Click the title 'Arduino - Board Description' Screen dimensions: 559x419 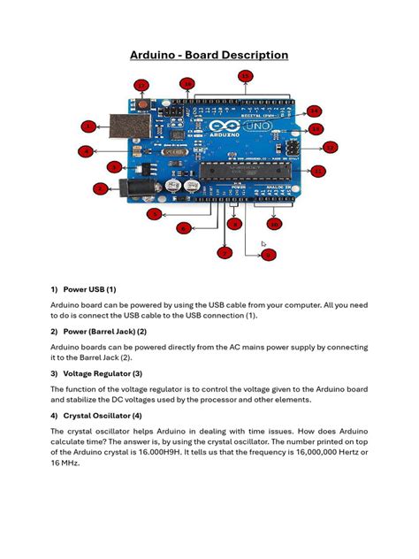[x=209, y=55]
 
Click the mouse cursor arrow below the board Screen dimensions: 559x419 [x=263, y=243]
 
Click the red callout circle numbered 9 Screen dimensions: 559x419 [x=269, y=256]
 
